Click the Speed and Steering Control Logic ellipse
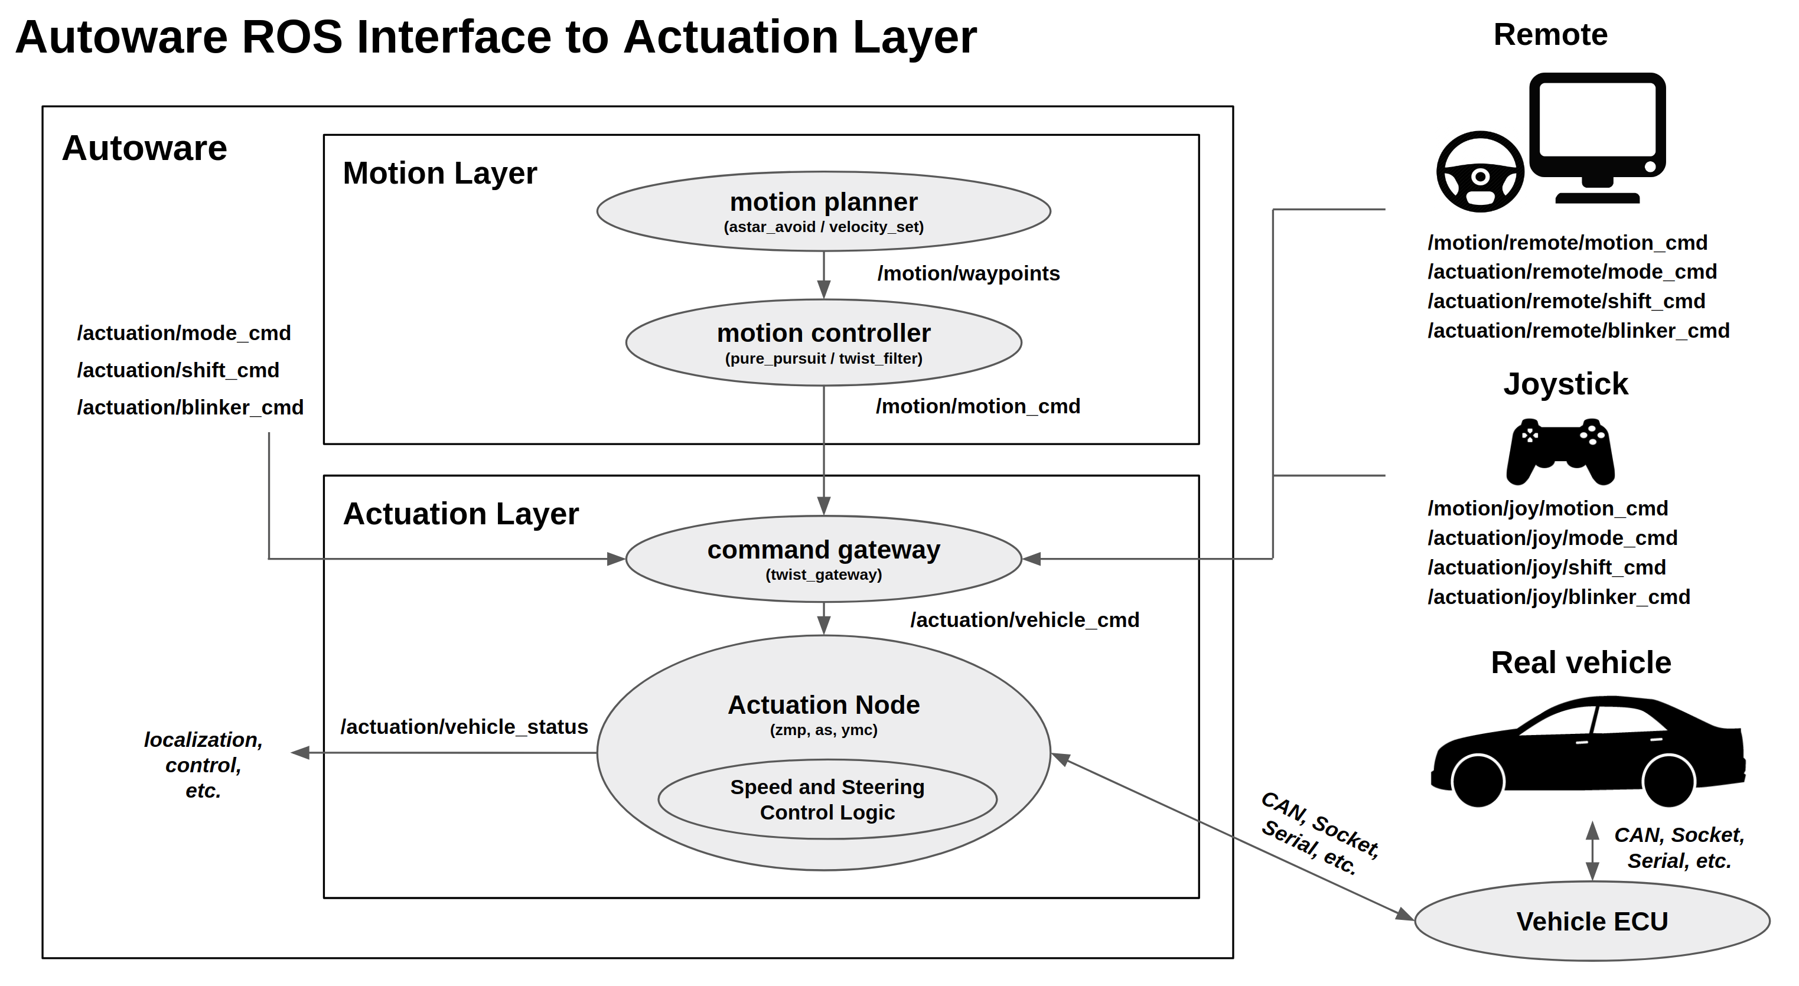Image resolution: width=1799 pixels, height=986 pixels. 827,799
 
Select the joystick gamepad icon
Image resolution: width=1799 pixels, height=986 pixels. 1560,452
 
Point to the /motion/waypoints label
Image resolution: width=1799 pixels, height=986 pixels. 968,273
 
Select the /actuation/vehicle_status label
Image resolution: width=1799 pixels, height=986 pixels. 464,726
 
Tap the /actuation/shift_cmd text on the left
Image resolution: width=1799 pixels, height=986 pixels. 178,370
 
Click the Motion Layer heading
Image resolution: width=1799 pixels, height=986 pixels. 439,172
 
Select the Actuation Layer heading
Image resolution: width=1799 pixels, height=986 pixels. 460,513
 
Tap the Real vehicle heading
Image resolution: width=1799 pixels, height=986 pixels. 1580,662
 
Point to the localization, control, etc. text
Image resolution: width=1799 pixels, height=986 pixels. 203,765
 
